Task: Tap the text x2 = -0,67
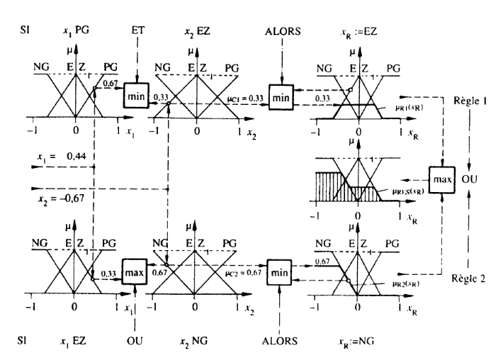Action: pos(55,200)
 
